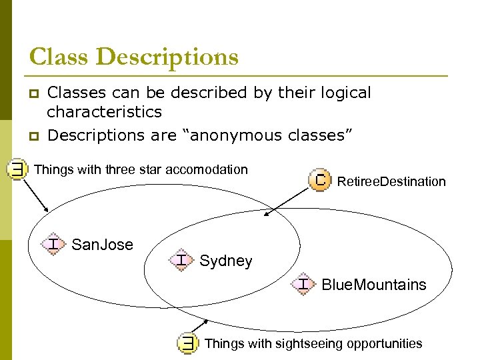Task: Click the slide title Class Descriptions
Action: point(133,57)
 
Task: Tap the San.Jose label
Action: point(102,245)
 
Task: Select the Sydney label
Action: point(226,261)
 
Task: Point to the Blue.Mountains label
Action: point(373,285)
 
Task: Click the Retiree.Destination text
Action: point(391,181)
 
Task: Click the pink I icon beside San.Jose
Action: point(52,244)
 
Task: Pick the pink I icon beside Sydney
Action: point(181,259)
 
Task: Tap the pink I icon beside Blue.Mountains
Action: point(303,284)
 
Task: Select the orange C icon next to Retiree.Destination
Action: point(320,181)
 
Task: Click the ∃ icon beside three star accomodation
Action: point(16,170)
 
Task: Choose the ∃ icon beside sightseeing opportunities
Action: point(189,343)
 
